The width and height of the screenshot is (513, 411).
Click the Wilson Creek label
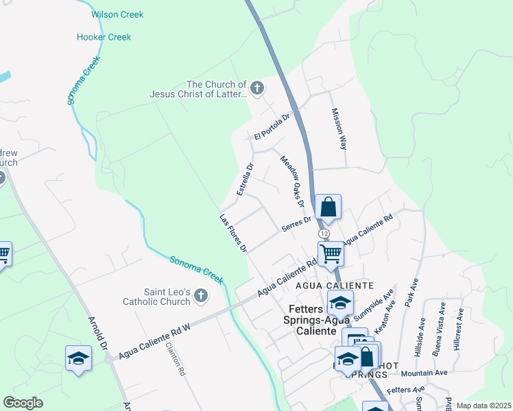(117, 14)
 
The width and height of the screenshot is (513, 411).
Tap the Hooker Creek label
(110, 35)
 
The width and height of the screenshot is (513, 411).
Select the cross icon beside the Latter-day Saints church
(257, 88)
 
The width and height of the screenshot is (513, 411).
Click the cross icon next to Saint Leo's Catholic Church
(200, 295)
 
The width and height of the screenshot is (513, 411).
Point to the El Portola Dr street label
(272, 126)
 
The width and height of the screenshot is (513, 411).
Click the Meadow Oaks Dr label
(291, 181)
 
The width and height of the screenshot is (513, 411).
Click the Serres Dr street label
(297, 225)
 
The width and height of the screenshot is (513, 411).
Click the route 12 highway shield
(324, 234)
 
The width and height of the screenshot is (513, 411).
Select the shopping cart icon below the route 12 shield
(331, 253)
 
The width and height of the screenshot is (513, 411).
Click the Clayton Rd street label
(176, 359)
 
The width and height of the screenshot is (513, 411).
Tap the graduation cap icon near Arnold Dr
(78, 358)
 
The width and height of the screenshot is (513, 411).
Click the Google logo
(23, 403)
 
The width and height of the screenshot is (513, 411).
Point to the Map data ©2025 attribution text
(483, 406)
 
